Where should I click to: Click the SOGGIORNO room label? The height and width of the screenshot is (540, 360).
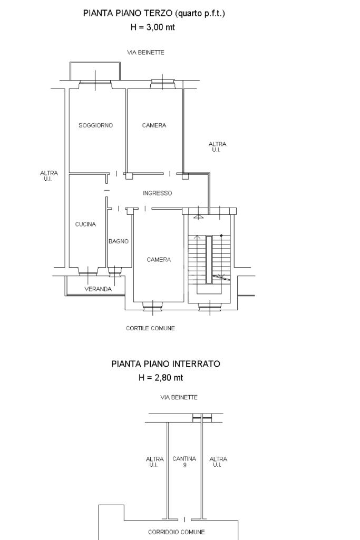[x=95, y=125]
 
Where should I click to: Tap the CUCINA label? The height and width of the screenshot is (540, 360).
[x=85, y=224]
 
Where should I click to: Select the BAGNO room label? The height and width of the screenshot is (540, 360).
[x=119, y=241]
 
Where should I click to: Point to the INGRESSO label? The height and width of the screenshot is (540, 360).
[x=158, y=193]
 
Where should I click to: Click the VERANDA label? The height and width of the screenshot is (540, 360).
[x=98, y=289]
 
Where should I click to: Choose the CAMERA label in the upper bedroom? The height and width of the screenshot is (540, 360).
[x=154, y=125]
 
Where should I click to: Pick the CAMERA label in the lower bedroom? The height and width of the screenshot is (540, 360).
[x=159, y=260]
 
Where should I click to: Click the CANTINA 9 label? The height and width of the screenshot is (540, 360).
[x=184, y=462]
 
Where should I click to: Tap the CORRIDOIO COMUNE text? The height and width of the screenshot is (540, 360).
[x=177, y=532]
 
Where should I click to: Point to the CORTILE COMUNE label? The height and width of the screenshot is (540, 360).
[x=151, y=328]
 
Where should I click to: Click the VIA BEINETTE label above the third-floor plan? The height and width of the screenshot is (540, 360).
[x=145, y=52]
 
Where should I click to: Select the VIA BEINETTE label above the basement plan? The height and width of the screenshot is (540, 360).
[x=179, y=397]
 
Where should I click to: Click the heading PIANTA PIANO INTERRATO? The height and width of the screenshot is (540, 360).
[x=166, y=364]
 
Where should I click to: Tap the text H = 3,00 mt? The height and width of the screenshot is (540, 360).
[x=153, y=27]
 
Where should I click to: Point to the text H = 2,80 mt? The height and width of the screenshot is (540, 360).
[x=161, y=377]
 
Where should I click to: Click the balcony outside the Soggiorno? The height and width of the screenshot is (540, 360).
[x=95, y=71]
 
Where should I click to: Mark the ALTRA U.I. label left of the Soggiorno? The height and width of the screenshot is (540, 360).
[x=49, y=176]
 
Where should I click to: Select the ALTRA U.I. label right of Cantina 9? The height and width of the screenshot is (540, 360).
[x=218, y=462]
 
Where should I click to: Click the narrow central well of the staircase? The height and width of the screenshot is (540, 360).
[x=209, y=260]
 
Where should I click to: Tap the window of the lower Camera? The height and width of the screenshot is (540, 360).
[x=153, y=305]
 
